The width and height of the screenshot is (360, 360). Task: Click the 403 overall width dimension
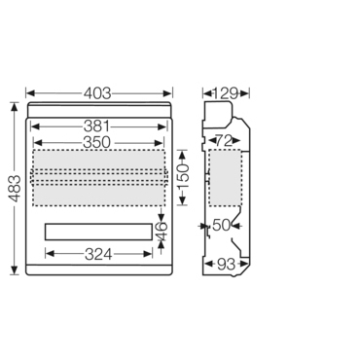coord(97,93)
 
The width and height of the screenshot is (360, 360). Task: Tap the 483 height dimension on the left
coord(15,189)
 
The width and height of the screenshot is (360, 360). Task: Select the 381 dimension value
coord(96,126)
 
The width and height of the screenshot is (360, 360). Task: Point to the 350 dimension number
coord(97,143)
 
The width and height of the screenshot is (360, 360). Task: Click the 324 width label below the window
coord(98,254)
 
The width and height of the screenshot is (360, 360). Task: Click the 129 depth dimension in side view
coord(226,93)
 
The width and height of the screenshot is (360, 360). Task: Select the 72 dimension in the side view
coord(225,141)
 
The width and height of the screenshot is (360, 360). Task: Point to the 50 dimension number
coord(222,226)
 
